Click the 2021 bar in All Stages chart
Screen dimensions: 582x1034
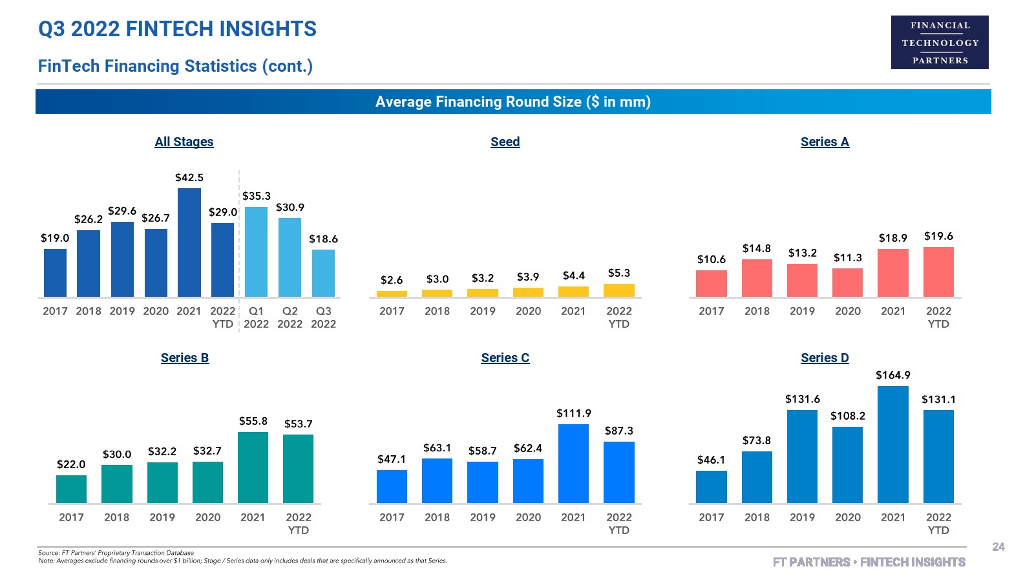[x=189, y=242]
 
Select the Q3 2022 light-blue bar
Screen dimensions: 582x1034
[x=323, y=274]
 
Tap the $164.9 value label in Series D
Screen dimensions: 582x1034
[x=893, y=375]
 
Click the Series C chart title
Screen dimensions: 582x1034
[x=505, y=358]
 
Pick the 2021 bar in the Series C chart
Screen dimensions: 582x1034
[x=573, y=464]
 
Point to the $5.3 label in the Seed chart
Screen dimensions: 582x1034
[x=619, y=273]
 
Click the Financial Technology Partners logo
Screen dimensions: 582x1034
[x=940, y=43]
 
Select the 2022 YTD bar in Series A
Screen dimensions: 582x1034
[x=938, y=272]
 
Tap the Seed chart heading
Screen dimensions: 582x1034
[x=505, y=142]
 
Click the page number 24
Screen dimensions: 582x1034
[x=998, y=547]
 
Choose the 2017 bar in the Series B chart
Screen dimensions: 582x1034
[x=71, y=489]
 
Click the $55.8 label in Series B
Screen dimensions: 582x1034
[x=253, y=421]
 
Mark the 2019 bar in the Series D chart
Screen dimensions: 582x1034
[x=802, y=457]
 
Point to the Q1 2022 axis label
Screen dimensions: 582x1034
[x=257, y=317]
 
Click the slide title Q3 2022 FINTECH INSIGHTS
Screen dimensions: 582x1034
[x=178, y=29]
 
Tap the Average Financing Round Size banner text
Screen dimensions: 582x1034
[x=513, y=102]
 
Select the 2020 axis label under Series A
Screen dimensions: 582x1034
[x=848, y=311]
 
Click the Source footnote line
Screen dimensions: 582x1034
[x=116, y=553]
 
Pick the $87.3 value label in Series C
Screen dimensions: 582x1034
[x=619, y=431]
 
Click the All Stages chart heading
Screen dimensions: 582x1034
[x=184, y=142]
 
